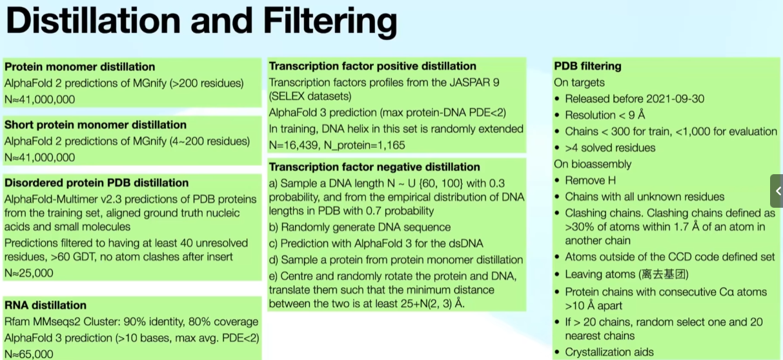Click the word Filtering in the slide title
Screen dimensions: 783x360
coord(330,21)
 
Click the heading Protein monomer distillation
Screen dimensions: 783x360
coord(79,66)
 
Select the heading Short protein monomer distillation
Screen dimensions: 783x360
coord(96,125)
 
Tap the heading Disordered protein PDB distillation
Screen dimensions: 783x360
coord(96,183)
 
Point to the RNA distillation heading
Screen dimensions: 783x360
coord(45,305)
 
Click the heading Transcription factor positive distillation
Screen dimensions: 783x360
coord(372,66)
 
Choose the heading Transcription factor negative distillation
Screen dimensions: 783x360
coord(374,167)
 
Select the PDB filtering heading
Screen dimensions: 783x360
coord(587,66)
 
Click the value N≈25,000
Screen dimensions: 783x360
coord(29,273)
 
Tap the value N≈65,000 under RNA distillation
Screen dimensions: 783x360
coord(29,354)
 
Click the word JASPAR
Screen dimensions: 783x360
coord(469,83)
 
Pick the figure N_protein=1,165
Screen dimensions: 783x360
coord(365,145)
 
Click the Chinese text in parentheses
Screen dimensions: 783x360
coord(664,274)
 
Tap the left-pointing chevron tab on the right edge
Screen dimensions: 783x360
coord(777,191)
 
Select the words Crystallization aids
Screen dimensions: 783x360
coord(609,352)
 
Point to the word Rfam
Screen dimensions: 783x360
coord(17,321)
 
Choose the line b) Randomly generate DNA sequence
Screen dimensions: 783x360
coord(360,227)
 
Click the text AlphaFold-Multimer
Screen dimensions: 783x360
coord(51,199)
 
